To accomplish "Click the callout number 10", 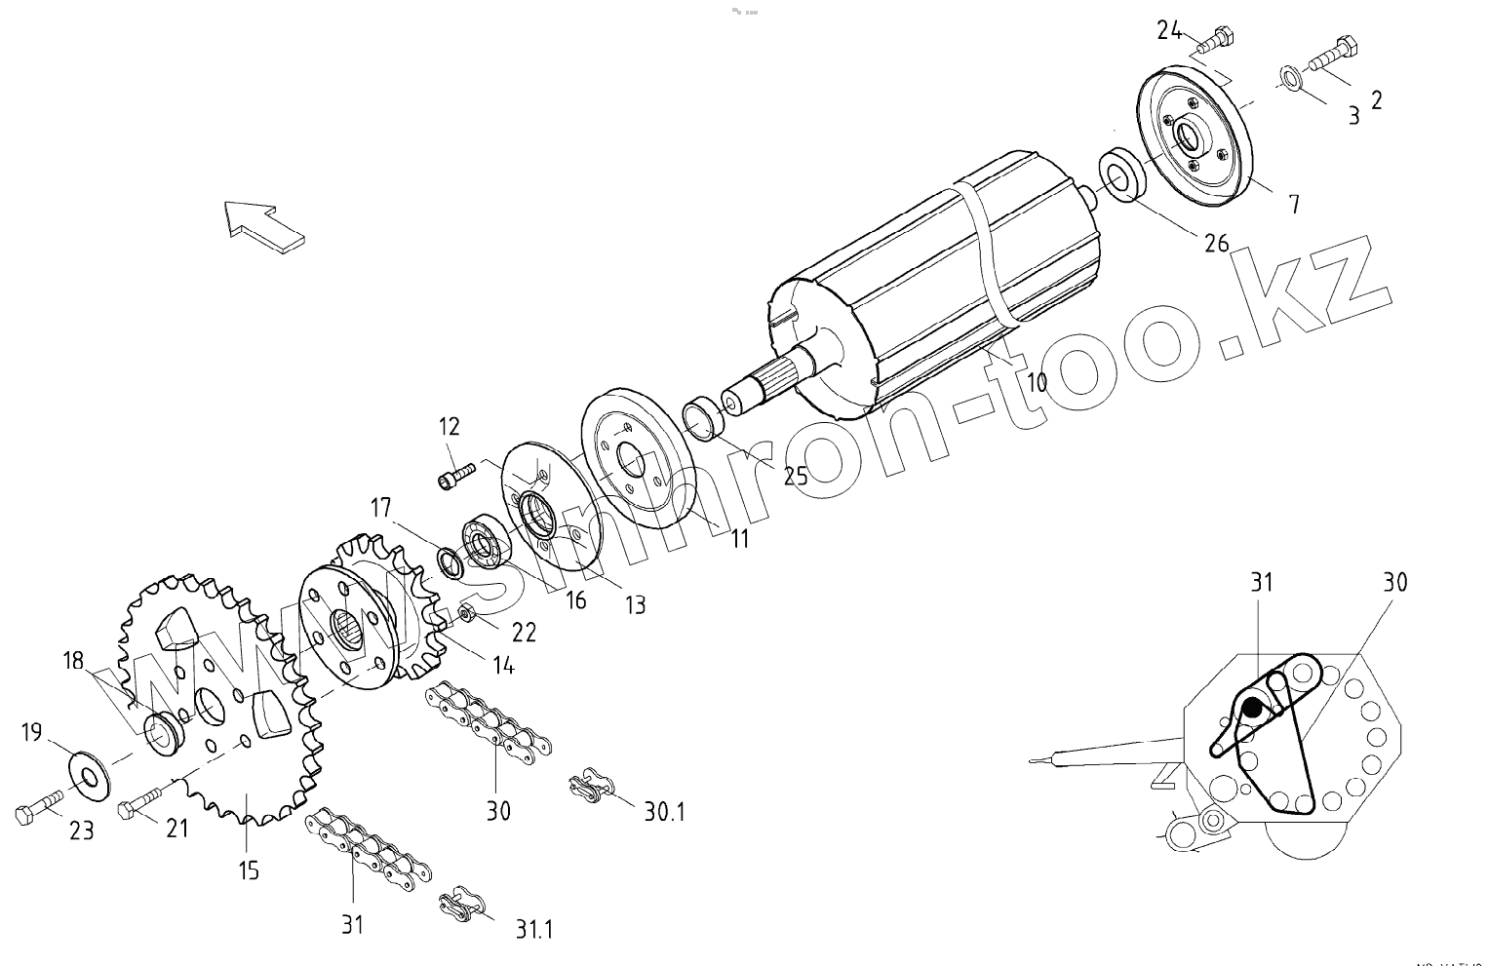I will (1037, 381).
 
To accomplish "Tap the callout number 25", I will (796, 475).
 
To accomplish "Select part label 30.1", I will (663, 810).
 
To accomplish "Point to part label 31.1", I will (533, 929).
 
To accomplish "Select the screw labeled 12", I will (455, 476).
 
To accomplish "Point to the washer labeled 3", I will (1287, 78).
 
